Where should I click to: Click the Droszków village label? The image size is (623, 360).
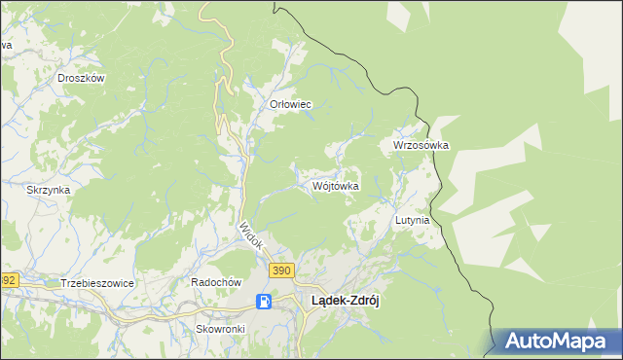point(81,78)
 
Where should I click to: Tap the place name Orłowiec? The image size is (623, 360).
point(289,104)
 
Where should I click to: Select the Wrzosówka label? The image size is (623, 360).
point(421,145)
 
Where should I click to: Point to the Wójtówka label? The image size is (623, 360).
point(336,186)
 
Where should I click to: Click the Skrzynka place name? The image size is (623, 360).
point(48,190)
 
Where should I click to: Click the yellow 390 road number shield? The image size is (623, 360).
point(281,270)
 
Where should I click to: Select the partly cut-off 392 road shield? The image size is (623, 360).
point(8,280)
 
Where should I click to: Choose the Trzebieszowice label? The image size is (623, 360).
point(96,282)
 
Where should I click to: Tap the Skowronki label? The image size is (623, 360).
point(220,329)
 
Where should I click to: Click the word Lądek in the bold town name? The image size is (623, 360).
point(326,302)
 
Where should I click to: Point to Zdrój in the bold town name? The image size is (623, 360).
point(363,302)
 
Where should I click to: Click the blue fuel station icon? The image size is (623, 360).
point(263,302)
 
